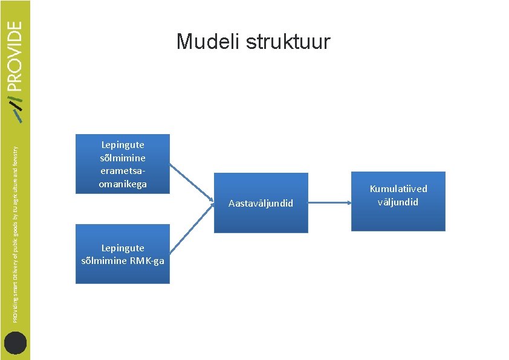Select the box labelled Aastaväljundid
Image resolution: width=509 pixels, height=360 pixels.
point(261,203)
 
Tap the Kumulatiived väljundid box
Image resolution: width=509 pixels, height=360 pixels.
point(398,201)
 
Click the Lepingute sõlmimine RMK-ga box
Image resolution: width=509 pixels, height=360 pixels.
point(123,254)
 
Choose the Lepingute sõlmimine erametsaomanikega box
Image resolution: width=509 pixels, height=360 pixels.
point(123,164)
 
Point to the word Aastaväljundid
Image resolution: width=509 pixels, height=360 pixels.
point(261,204)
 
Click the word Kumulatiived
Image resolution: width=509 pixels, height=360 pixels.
point(398,190)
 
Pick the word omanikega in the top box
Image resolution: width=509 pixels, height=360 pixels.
point(123,184)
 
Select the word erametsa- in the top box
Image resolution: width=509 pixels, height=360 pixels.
point(123,174)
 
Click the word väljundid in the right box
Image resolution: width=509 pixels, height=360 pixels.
point(398,202)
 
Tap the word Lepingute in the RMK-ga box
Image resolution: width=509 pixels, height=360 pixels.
point(123,248)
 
